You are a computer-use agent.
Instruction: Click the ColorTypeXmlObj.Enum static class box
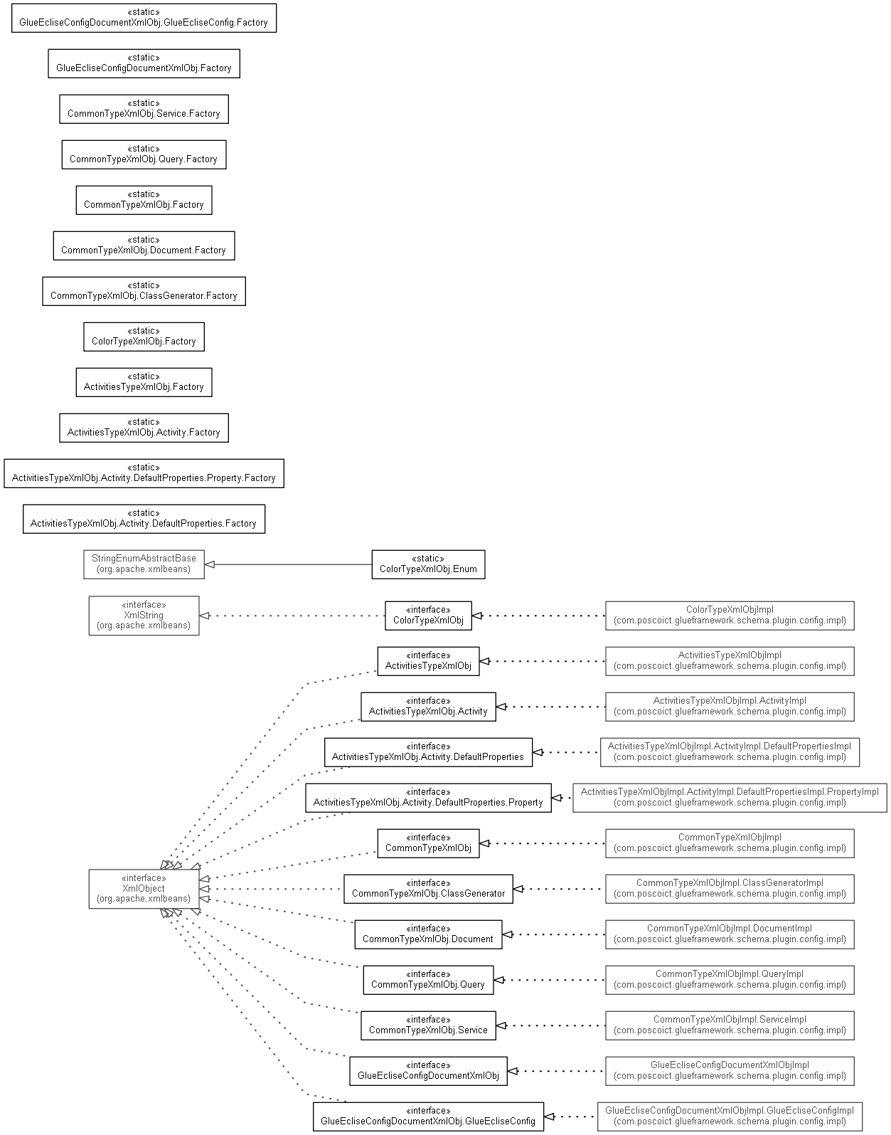click(428, 564)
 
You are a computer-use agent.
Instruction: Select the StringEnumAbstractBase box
click(144, 564)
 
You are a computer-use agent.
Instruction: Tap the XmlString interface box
click(144, 616)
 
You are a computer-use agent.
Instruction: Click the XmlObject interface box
click(144, 889)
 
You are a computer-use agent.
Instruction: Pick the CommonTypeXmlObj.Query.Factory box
click(144, 154)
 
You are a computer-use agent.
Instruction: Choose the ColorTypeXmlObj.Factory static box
click(144, 337)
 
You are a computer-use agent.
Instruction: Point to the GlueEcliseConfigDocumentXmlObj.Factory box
click(144, 64)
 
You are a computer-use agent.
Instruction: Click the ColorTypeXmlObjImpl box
click(730, 616)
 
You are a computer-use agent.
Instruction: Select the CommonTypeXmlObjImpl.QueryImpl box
click(730, 979)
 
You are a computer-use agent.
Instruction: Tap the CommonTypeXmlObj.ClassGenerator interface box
click(428, 889)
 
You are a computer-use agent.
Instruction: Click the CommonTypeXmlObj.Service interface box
click(428, 1025)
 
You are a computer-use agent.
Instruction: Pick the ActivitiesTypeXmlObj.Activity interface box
click(428, 707)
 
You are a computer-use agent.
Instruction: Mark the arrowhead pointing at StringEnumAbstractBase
click(210, 564)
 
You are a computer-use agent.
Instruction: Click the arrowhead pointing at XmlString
click(205, 616)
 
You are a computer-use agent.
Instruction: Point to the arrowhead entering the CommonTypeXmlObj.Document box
click(507, 934)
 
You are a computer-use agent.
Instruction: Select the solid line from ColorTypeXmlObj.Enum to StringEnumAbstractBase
click(288, 564)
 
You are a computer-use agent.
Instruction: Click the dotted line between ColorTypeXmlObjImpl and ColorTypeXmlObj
click(539, 616)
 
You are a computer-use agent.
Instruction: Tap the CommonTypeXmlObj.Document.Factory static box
click(144, 246)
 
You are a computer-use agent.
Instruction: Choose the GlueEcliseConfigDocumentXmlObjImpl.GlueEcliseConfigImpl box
click(730, 1116)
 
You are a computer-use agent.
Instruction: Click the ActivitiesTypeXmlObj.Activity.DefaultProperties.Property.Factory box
click(144, 473)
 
